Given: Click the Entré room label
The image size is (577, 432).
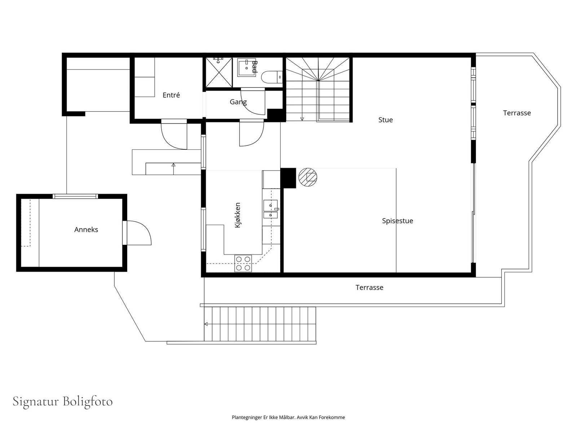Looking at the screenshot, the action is click(x=171, y=95).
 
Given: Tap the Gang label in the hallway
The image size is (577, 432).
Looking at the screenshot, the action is click(x=238, y=102).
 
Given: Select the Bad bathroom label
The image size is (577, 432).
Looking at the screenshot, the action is click(x=254, y=67).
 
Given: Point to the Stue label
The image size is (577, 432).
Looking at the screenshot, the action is click(x=386, y=120).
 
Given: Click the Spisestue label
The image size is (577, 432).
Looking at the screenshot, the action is click(x=397, y=221).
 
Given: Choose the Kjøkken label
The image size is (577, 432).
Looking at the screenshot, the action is click(x=238, y=215).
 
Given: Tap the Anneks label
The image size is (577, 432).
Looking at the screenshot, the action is click(x=86, y=230).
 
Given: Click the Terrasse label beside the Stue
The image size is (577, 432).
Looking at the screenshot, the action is click(x=517, y=113).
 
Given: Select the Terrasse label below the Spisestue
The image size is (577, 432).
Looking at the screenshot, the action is click(x=369, y=288).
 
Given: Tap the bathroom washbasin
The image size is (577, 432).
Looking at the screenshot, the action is click(x=247, y=67).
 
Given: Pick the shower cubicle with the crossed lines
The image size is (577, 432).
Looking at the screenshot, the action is click(x=219, y=72).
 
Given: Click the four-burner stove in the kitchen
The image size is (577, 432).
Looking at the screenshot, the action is click(x=243, y=264).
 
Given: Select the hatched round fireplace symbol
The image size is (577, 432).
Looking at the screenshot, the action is click(x=308, y=177).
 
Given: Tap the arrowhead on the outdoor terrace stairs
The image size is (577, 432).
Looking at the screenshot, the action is click(x=206, y=324).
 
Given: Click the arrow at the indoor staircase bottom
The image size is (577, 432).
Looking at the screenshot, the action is click(x=302, y=119).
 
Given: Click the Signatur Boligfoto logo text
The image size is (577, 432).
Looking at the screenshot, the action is click(x=62, y=401).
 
